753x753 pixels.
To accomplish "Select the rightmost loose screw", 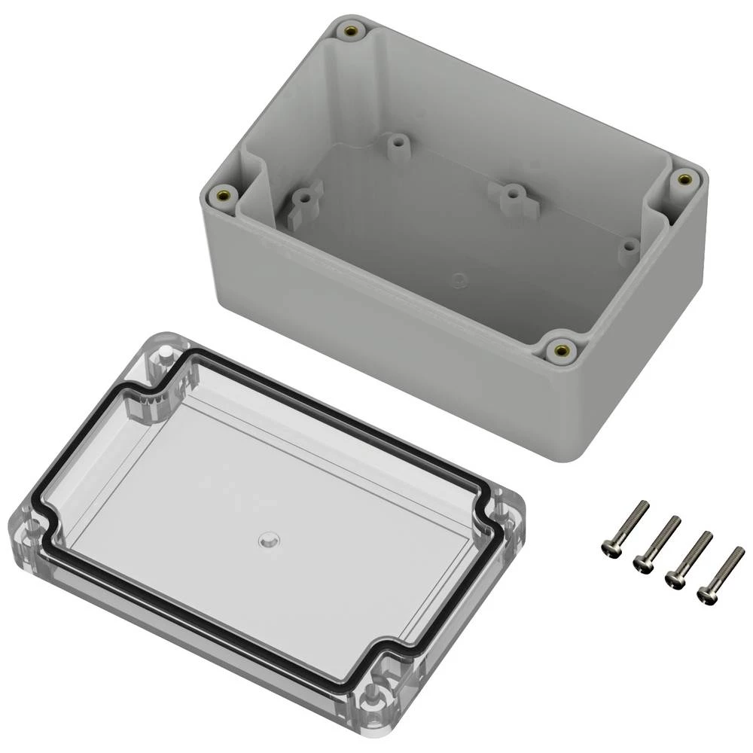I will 721,574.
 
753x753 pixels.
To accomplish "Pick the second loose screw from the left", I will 657,542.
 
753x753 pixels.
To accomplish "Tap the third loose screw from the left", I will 689,559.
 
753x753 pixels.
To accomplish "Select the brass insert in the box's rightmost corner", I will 684,179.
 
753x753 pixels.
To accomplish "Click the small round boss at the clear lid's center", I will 267,540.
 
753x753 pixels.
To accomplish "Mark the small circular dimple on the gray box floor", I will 456,279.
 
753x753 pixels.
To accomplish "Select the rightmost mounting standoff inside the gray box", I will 627,246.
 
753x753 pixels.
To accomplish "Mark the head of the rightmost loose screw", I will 708,594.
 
